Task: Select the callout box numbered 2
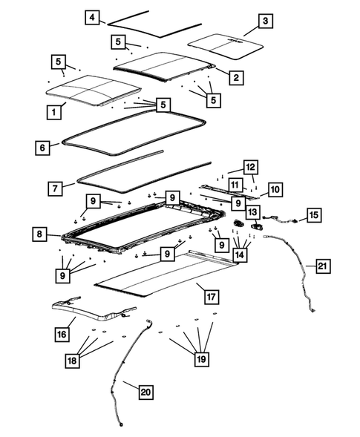pos(235,76)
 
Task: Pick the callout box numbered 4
pos(91,18)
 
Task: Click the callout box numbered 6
pos(42,148)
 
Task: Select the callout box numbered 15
pos(314,214)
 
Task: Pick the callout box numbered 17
pos(210,297)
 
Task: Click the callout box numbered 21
pos(321,266)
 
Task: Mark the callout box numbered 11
pos(235,183)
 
